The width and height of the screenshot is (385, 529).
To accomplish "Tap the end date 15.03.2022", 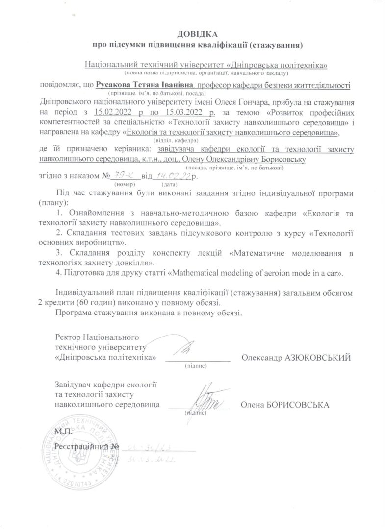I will (174, 112).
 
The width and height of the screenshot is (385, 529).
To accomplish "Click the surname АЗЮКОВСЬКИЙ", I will (318, 358).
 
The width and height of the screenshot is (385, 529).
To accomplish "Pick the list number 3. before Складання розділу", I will (59, 253).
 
